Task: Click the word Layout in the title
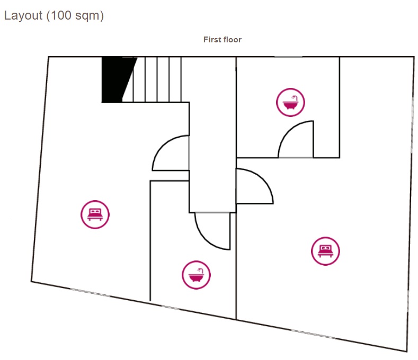[x=23, y=16]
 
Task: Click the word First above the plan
[x=212, y=40]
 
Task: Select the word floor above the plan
[x=233, y=40]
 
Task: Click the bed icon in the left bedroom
[x=95, y=214]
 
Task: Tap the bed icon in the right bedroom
[x=325, y=251]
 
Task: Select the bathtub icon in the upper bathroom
[x=290, y=102]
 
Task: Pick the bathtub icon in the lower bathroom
[x=196, y=275]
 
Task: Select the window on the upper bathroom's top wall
[x=288, y=57]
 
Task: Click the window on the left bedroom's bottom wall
[x=90, y=292]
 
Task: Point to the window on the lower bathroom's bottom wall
[x=171, y=308]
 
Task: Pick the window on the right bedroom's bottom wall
[x=313, y=334]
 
